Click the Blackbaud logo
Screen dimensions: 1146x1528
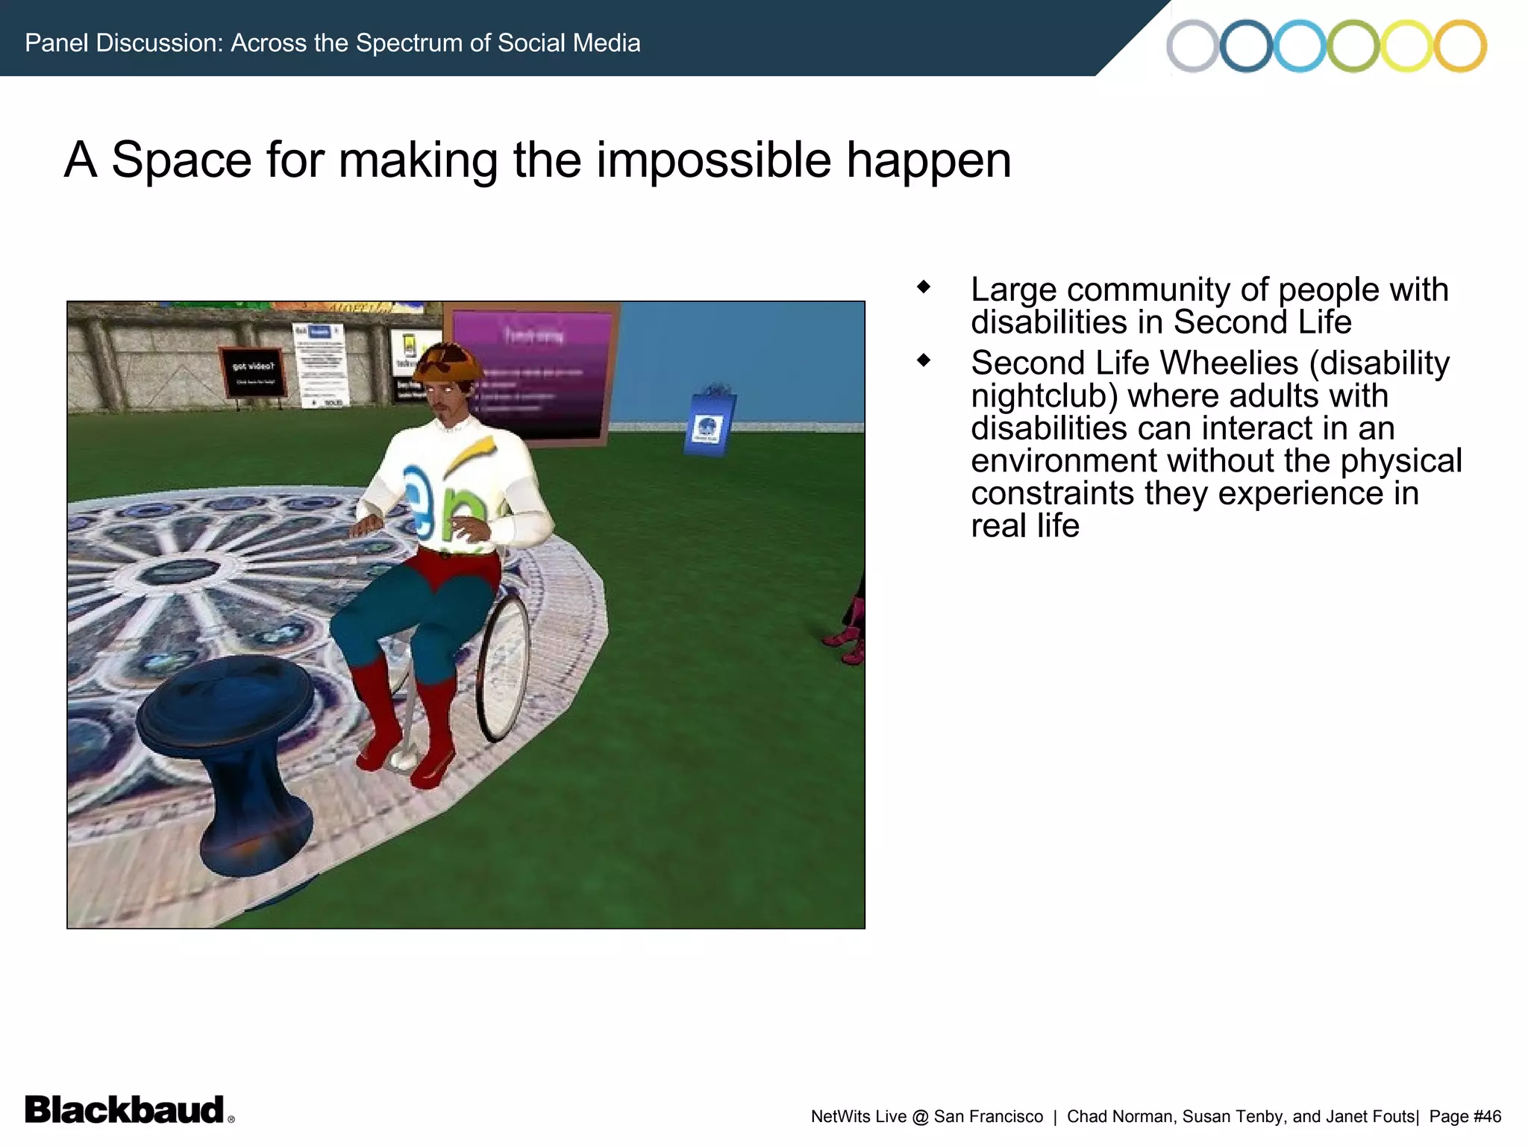click(x=125, y=1109)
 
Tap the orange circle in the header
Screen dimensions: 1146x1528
click(x=1460, y=46)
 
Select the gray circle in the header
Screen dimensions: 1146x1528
click(x=1192, y=46)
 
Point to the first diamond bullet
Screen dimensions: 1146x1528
click(x=924, y=286)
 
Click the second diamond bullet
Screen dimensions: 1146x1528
click(x=924, y=360)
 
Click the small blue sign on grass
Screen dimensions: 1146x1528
click(x=709, y=422)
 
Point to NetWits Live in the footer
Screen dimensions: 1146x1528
click(x=858, y=1116)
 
